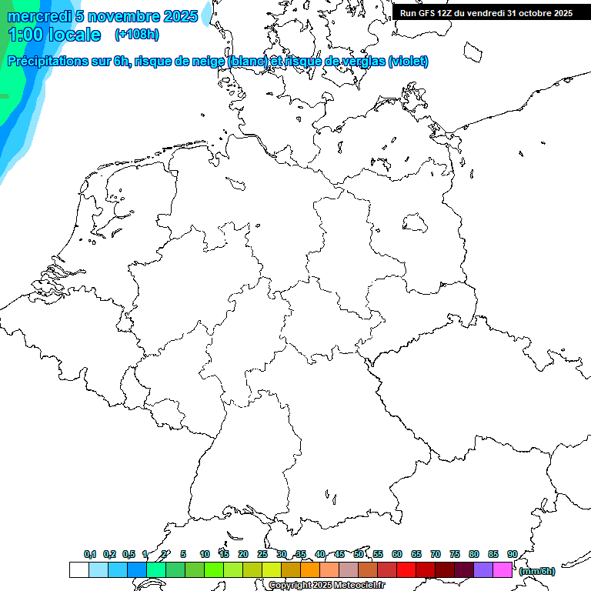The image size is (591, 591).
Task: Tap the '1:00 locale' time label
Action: [54, 35]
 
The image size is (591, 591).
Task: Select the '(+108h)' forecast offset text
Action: [137, 35]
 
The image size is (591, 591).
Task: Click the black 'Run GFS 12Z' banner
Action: [486, 12]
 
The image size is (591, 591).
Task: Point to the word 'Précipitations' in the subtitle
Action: [48, 62]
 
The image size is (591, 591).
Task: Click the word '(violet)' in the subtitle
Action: [409, 62]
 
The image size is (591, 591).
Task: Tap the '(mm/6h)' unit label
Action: [536, 571]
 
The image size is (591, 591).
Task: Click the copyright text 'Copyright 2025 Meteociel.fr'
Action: [326, 586]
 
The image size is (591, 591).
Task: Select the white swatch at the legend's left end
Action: [78, 570]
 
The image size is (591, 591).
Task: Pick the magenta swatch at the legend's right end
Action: [503, 570]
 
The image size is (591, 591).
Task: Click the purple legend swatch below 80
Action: [483, 570]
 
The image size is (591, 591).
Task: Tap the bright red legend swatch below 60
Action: [406, 570]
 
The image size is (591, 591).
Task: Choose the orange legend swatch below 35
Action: [309, 570]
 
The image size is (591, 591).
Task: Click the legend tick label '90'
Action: [513, 554]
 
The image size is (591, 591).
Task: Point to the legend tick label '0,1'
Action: [89, 554]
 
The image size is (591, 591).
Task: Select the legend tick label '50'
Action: [359, 554]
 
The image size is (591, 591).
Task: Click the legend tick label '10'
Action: [204, 554]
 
